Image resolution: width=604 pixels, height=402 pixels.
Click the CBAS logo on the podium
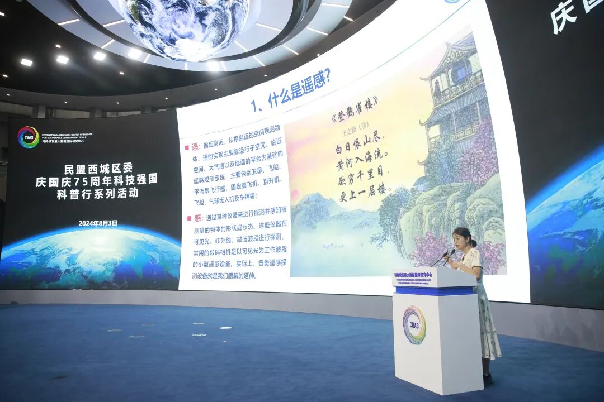tap(414, 325)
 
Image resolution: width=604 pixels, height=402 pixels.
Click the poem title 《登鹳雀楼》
tap(354, 114)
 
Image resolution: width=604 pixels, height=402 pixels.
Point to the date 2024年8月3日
tap(98, 223)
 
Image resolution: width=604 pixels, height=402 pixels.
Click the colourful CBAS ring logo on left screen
tap(29, 137)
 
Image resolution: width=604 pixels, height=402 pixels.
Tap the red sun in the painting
tap(295, 195)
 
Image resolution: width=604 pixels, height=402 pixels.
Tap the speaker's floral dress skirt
tap(488, 329)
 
